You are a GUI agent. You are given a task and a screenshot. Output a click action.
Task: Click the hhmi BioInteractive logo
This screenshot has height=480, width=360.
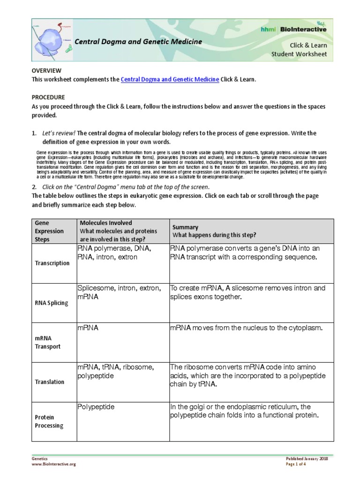(300, 29)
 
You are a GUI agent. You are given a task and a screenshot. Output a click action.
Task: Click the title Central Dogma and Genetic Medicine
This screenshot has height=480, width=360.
(140, 42)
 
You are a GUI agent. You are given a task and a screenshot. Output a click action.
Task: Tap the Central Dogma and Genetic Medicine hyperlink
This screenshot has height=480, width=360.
(170, 80)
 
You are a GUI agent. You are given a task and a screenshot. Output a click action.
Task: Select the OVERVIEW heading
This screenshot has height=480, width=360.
(46, 70)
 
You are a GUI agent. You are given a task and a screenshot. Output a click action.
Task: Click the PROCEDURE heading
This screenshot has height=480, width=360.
(48, 97)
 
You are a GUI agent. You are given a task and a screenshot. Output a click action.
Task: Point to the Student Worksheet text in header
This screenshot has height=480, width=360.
(299, 54)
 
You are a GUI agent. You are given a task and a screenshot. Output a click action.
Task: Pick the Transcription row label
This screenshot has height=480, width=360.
(52, 263)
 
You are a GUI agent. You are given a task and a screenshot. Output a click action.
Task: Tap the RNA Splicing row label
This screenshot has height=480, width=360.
(52, 303)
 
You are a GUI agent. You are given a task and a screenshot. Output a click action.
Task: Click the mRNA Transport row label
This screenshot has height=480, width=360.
(47, 342)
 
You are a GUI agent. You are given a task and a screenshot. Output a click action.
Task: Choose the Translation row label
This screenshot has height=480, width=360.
(50, 382)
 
